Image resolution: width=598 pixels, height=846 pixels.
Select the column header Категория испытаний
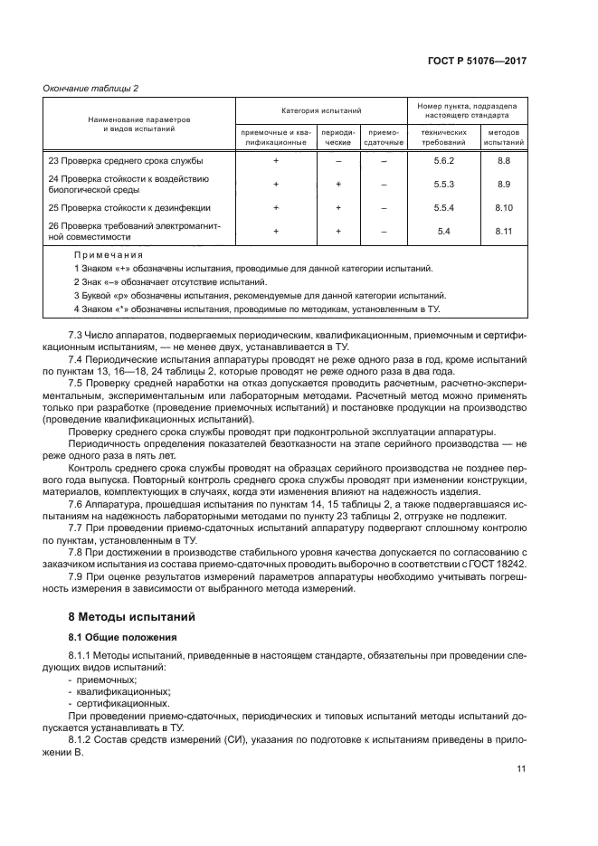tap(321, 110)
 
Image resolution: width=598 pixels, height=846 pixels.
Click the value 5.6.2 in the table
tap(443, 160)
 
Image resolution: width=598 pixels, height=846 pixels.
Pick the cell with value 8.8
tap(504, 160)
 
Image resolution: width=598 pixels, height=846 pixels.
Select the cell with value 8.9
tap(504, 184)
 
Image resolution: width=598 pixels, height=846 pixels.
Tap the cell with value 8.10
tap(504, 207)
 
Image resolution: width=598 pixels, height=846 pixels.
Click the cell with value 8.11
tap(504, 232)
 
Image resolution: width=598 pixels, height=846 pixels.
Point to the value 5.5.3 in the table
tap(443, 184)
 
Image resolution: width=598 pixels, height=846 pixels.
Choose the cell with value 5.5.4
tap(443, 207)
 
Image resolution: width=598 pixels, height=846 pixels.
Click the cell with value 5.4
tap(443, 232)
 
